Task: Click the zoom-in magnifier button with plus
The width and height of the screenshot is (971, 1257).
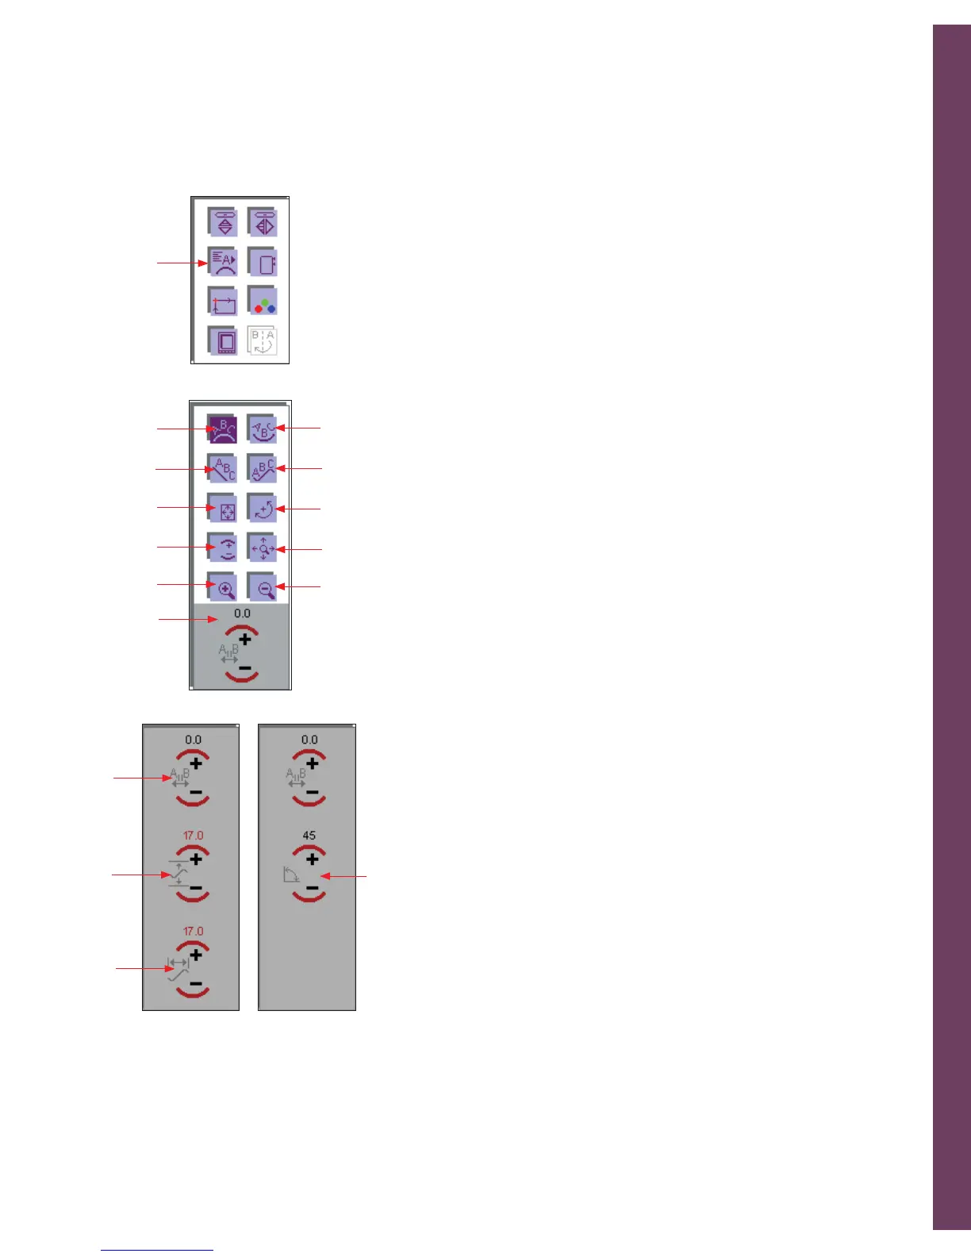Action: (x=223, y=587)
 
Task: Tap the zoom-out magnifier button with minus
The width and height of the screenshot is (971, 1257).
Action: (x=263, y=587)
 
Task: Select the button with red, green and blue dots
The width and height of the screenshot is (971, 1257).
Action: (x=263, y=302)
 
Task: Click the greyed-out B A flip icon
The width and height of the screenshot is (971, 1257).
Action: (x=263, y=341)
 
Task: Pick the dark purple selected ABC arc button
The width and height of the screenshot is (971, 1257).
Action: (x=223, y=429)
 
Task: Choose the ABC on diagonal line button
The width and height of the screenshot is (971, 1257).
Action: (x=223, y=469)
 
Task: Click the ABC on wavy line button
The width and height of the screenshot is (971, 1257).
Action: (x=263, y=469)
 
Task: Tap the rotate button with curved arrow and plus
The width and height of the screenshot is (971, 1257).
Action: (x=263, y=508)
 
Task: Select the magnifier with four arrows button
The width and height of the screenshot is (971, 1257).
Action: (x=263, y=548)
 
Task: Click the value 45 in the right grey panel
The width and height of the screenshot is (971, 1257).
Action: (x=309, y=835)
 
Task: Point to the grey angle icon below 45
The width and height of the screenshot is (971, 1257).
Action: (x=290, y=875)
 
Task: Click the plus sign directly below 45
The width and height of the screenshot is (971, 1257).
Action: (x=312, y=859)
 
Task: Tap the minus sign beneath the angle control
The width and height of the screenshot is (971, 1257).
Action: (x=312, y=888)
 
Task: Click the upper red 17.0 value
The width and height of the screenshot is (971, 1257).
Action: (x=193, y=835)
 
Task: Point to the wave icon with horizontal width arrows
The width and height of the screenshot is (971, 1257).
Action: (x=178, y=969)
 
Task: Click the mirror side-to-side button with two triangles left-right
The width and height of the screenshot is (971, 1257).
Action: (x=263, y=223)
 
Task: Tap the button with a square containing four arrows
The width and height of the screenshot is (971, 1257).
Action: (x=223, y=508)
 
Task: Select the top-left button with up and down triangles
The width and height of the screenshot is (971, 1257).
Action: (x=223, y=223)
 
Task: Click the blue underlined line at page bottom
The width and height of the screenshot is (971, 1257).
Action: (x=157, y=1250)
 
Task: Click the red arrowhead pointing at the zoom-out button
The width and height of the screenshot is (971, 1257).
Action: (x=279, y=587)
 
